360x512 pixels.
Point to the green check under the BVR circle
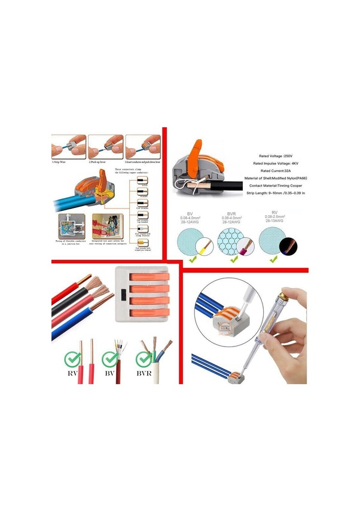click(232, 259)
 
